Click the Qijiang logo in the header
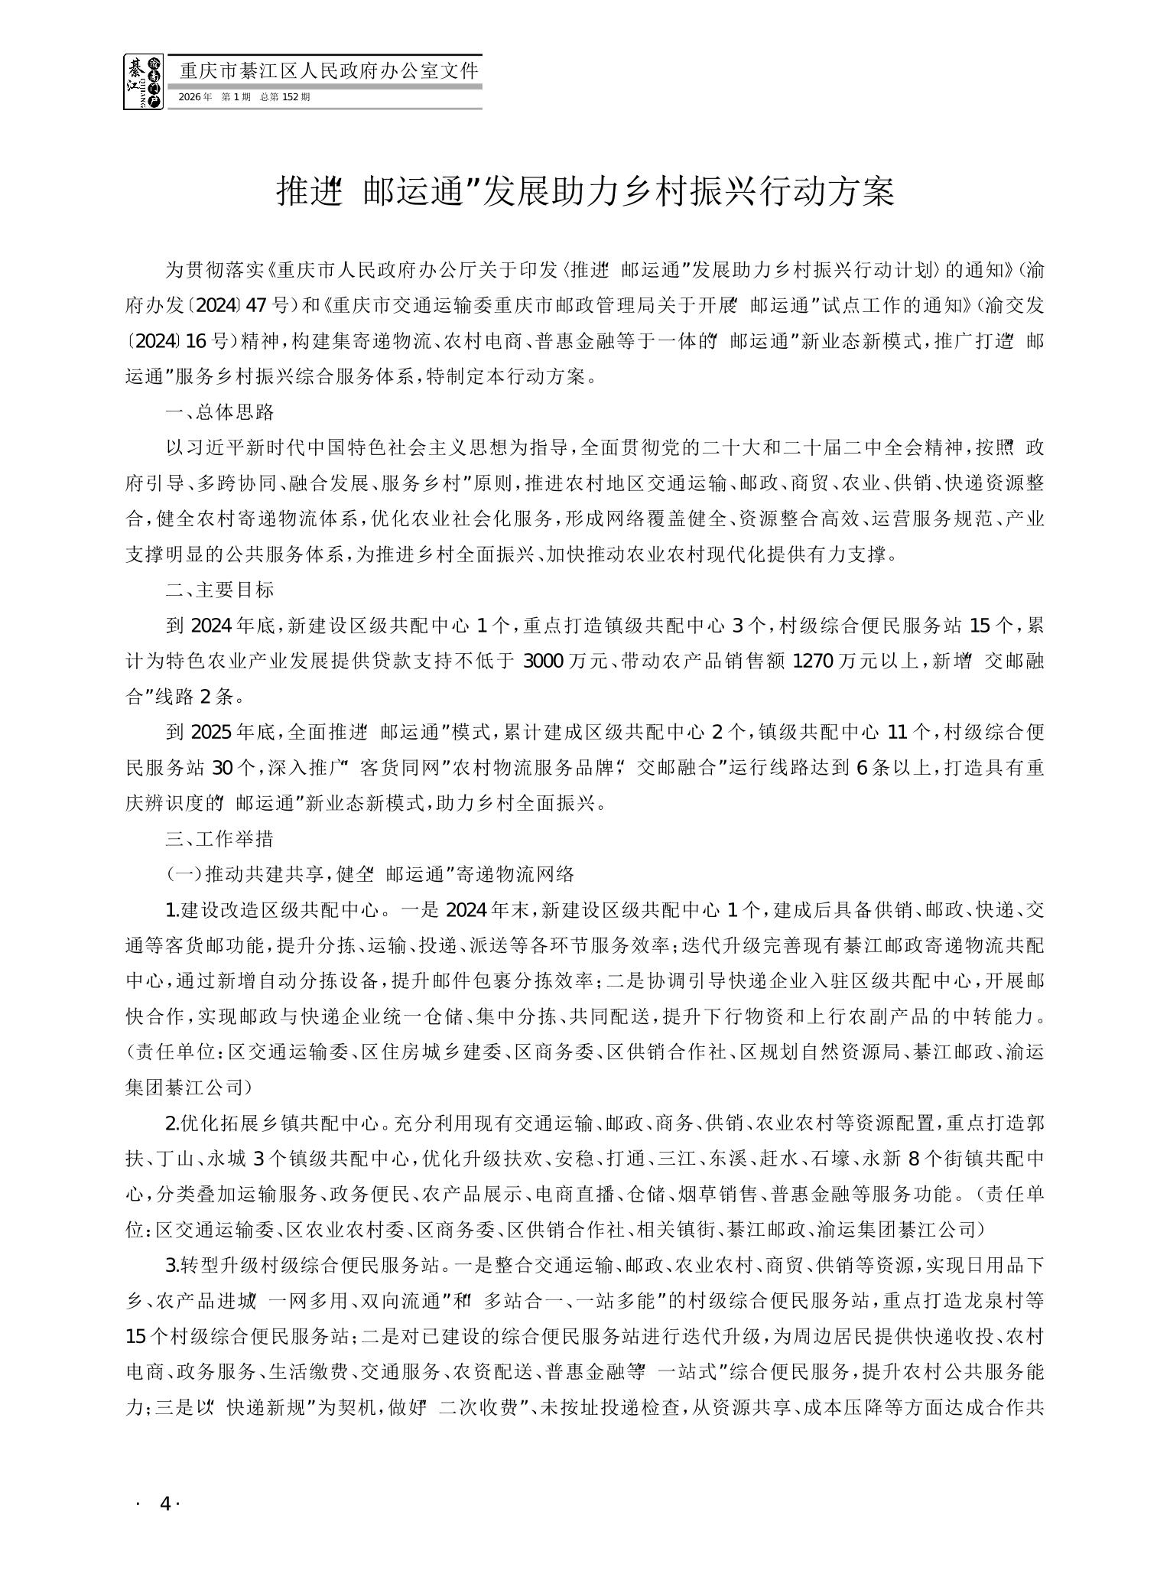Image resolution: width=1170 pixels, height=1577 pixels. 143,82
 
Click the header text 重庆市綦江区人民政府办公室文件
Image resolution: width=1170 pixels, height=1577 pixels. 328,71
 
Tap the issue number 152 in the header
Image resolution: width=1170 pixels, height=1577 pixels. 288,98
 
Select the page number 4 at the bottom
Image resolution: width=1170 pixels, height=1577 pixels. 164,1503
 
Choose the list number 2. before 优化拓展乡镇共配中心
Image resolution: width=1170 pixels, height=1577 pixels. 173,1123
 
